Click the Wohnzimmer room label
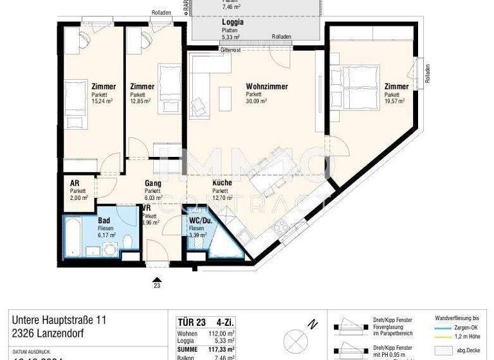[266, 87]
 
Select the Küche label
[222, 183]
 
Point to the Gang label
[152, 183]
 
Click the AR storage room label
[75, 183]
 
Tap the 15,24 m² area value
[104, 101]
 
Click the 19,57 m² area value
[394, 101]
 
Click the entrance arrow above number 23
[156, 278]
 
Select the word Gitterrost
[230, 49]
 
